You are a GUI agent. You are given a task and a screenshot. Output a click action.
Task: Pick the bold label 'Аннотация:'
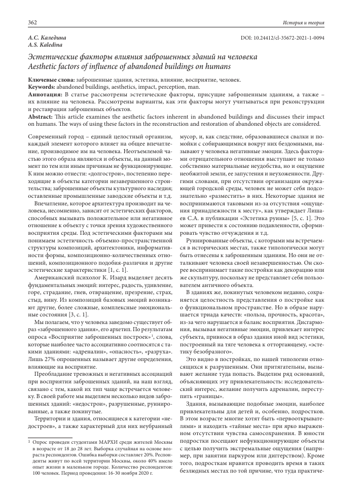click(x=45, y=95)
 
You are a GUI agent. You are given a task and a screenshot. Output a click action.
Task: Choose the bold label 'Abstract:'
click(x=42, y=117)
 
